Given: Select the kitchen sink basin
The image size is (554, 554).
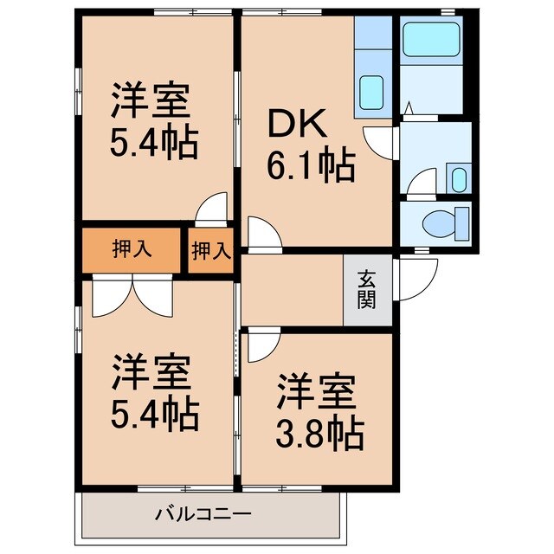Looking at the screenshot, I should click(x=372, y=90).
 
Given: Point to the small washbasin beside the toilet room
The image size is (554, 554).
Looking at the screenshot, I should click(x=458, y=180).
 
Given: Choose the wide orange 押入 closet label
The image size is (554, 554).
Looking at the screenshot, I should click(x=132, y=249).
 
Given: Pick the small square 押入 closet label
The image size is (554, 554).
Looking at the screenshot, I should click(x=210, y=251).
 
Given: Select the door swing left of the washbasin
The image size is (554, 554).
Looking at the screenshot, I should click(x=422, y=184).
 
